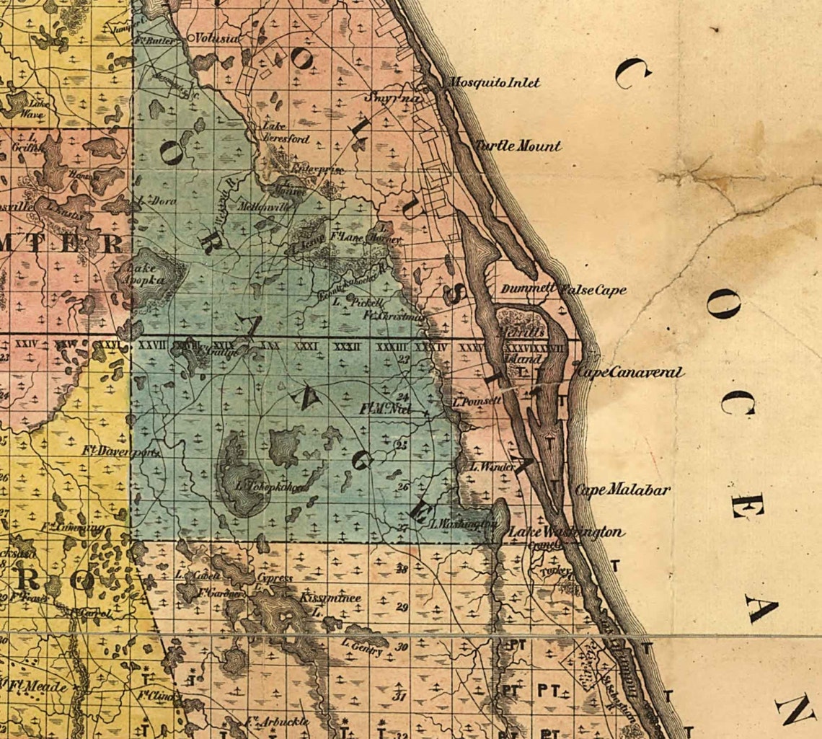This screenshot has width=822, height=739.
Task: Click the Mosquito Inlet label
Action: click(x=495, y=82)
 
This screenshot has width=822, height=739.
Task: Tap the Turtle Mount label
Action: click(x=517, y=146)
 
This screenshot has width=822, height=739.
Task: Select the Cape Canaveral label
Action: click(x=629, y=373)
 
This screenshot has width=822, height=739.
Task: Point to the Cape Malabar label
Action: click(x=623, y=490)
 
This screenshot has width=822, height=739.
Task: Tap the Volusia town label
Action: click(x=217, y=37)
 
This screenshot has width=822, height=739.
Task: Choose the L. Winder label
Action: click(x=492, y=467)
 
